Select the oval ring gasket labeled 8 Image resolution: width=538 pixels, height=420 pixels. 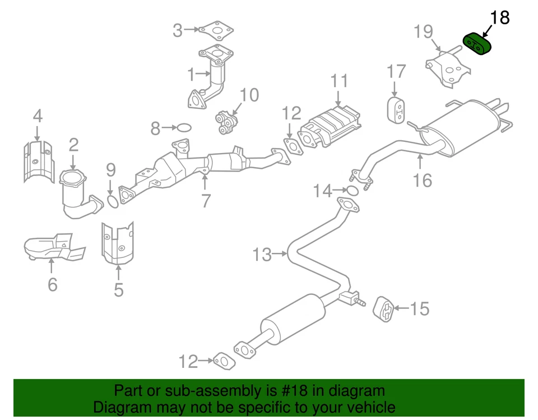click(x=184, y=128)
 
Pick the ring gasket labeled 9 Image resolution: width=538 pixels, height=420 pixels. click(x=112, y=200)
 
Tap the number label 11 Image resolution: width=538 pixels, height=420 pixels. click(x=339, y=82)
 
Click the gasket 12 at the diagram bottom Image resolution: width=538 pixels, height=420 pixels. click(x=224, y=361)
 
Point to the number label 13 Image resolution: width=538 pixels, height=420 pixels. click(x=261, y=255)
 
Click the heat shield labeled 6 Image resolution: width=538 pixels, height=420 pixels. click(x=53, y=248)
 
